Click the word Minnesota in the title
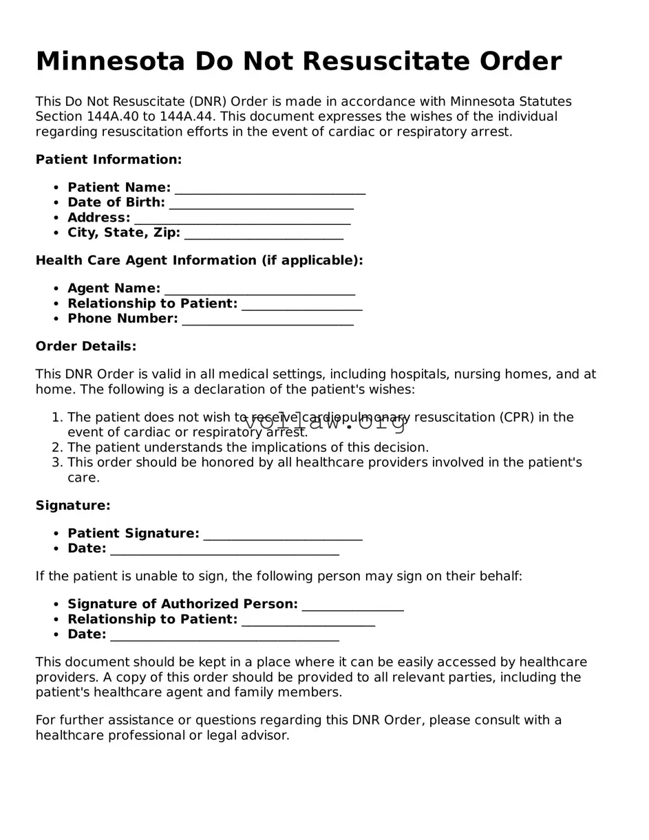110,62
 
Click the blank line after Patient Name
270,189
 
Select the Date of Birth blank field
261,204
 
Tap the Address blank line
242,219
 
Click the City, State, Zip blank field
264,234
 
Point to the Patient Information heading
109,160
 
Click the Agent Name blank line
259,290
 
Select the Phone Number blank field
268,319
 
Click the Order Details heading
86,346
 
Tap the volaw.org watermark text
325,422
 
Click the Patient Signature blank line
283,535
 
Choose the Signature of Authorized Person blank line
352,605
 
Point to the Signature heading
73,506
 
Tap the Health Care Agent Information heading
199,261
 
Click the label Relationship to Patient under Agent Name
152,304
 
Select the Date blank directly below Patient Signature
224,550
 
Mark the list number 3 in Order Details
58,463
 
